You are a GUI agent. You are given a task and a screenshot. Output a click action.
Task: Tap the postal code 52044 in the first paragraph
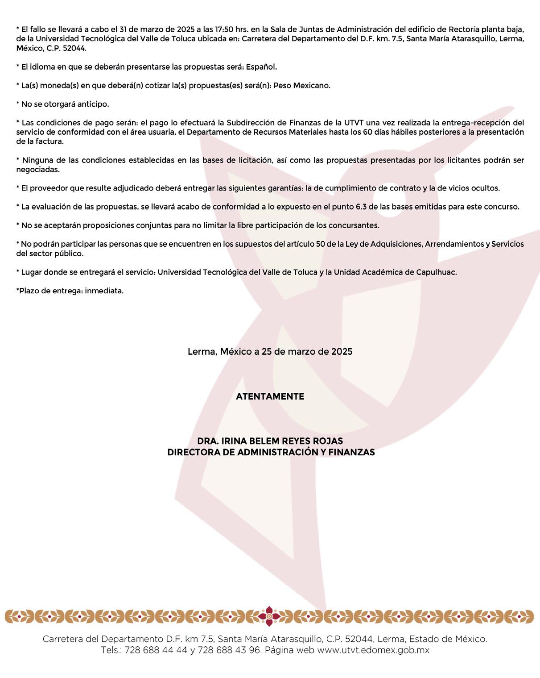tap(74, 48)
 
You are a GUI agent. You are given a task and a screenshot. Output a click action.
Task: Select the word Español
tap(261, 67)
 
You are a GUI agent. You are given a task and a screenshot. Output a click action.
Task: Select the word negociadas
tap(38, 170)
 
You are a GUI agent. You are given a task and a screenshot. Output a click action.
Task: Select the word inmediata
tap(104, 291)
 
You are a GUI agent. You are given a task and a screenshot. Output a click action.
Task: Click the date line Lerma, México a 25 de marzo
tap(270, 352)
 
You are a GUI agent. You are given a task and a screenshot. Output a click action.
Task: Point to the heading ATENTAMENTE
tap(270, 396)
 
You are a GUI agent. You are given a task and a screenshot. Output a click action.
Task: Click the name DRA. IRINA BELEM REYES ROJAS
tap(270, 441)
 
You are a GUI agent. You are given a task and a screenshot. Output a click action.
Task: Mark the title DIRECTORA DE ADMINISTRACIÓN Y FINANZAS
tap(271, 452)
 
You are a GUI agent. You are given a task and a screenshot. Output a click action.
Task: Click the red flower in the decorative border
tap(269, 616)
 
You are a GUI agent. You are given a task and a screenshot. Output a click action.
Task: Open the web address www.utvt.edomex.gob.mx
tap(373, 650)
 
